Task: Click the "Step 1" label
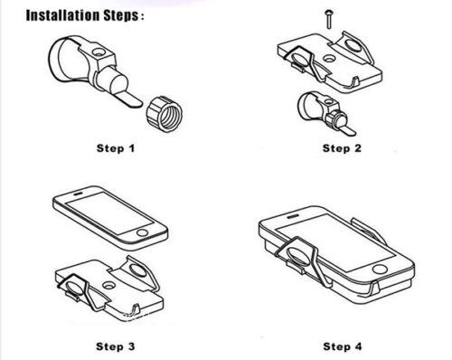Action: [x=116, y=148]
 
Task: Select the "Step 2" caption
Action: [x=342, y=148]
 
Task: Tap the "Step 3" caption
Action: [x=116, y=346]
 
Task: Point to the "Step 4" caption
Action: [x=343, y=346]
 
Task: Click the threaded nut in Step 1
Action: [x=165, y=114]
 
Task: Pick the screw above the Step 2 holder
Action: [x=328, y=20]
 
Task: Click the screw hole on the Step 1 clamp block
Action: [x=98, y=53]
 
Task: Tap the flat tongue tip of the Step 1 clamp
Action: [x=133, y=101]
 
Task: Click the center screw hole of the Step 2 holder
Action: [x=329, y=58]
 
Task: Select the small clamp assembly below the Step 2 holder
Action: [x=326, y=113]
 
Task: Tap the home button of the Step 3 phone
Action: [x=142, y=232]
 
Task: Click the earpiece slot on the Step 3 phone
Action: [x=79, y=194]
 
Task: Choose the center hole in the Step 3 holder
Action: [x=108, y=285]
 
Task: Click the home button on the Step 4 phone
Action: [x=379, y=269]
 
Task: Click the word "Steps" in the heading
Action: [x=122, y=15]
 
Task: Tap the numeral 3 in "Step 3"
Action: [x=131, y=346]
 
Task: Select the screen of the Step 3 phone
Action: [x=109, y=213]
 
